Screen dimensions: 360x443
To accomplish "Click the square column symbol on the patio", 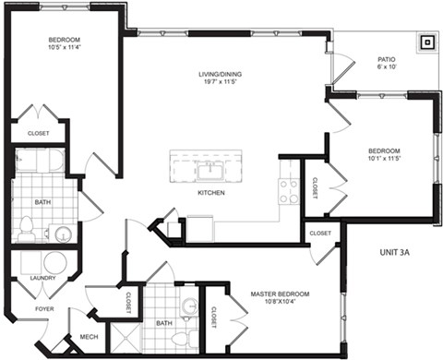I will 426,42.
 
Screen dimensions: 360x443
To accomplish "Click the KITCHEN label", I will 213,193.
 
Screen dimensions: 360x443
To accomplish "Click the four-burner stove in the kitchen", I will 288,190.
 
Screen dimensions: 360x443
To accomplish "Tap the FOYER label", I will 43,307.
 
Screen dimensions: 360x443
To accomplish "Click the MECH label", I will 90,337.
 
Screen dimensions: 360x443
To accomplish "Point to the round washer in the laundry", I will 56,263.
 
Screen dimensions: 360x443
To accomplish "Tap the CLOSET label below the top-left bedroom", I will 38,133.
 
